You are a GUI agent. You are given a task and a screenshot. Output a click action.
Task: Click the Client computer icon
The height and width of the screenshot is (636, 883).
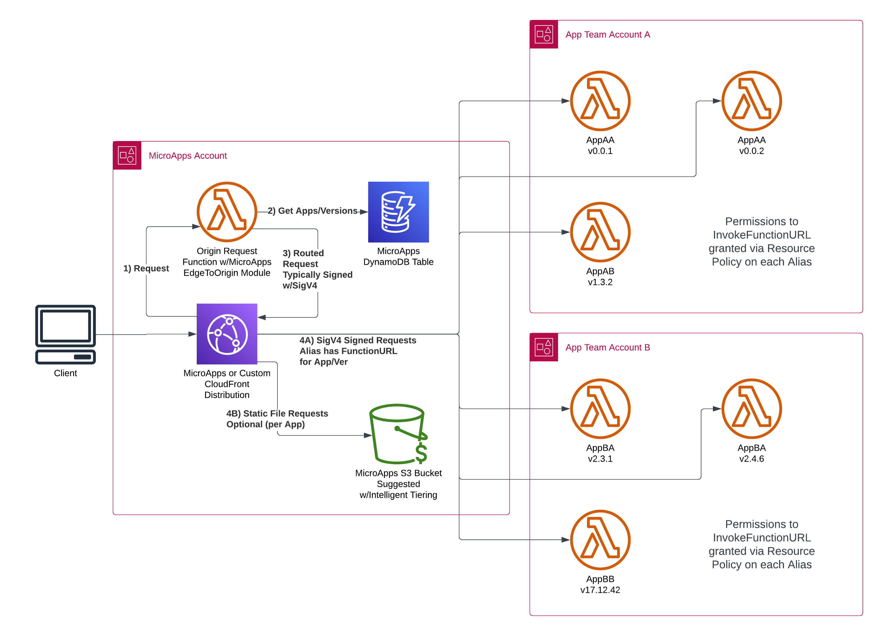[x=65, y=334]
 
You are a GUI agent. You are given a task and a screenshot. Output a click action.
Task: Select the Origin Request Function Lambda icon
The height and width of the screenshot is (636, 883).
[x=227, y=212]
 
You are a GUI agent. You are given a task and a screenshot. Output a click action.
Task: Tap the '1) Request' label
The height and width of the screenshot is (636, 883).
[x=146, y=268]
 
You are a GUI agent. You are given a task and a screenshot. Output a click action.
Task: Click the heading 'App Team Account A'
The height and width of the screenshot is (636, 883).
[x=607, y=35]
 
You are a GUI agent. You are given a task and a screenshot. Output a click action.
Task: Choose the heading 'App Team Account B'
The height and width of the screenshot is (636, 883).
[x=607, y=347]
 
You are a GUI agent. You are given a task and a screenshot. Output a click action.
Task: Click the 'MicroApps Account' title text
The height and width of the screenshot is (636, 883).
[x=188, y=156]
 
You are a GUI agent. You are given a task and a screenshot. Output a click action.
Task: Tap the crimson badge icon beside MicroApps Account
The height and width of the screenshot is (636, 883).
[x=127, y=155]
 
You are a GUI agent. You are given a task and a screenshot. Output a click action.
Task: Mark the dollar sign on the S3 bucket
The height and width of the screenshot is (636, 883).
[x=421, y=453]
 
